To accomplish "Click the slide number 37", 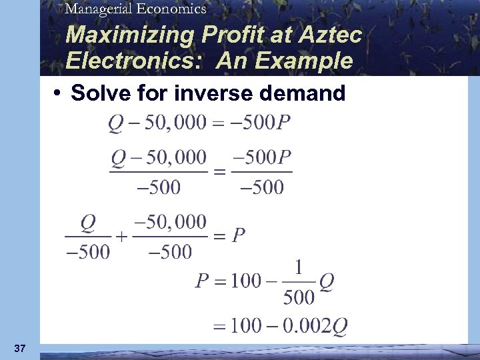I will pyautogui.click(x=19, y=348).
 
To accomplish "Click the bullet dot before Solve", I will pyautogui.click(x=59, y=93).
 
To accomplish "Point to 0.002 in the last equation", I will pyautogui.click(x=304, y=326).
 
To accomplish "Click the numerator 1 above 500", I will pyautogui.click(x=298, y=268).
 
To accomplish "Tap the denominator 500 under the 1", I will pyautogui.click(x=298, y=297).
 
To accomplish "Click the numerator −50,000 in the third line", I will pyautogui.click(x=170, y=222).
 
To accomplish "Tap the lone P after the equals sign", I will pyautogui.click(x=239, y=237).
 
